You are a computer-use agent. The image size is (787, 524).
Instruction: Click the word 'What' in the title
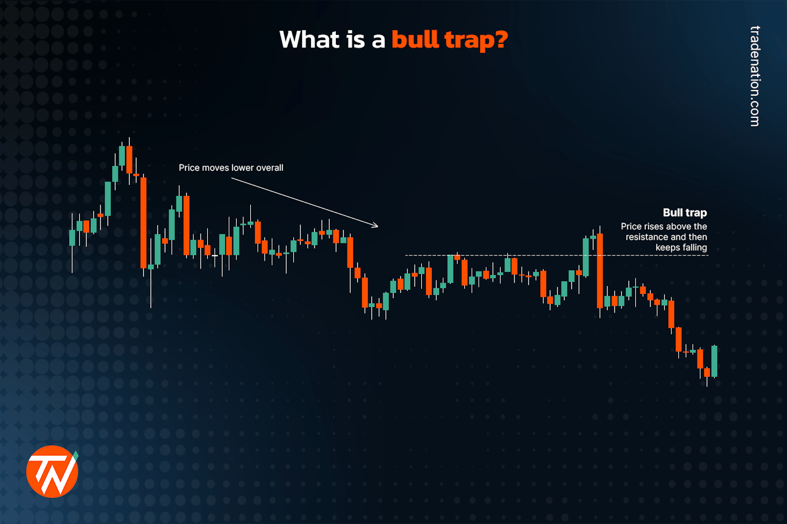click(x=309, y=40)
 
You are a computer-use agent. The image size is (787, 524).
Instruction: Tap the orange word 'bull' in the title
click(x=415, y=40)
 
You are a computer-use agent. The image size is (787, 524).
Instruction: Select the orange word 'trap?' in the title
click(x=476, y=40)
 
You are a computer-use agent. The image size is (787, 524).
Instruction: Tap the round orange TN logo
click(x=52, y=471)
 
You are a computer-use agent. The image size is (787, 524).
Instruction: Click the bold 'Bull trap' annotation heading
click(x=684, y=213)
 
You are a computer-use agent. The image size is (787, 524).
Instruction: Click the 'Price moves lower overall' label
click(x=231, y=168)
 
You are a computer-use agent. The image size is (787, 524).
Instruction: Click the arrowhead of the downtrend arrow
click(x=376, y=226)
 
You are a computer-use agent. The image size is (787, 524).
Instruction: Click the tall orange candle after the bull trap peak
click(x=599, y=271)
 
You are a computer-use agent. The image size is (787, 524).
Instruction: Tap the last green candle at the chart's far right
click(x=714, y=361)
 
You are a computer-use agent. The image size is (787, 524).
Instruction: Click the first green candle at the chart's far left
click(x=72, y=238)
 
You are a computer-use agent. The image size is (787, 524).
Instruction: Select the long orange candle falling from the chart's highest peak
click(x=143, y=223)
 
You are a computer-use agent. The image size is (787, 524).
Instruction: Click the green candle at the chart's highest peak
click(x=122, y=155)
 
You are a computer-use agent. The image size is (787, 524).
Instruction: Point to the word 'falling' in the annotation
click(x=694, y=248)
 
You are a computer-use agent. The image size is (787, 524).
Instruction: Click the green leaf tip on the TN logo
click(x=76, y=455)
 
